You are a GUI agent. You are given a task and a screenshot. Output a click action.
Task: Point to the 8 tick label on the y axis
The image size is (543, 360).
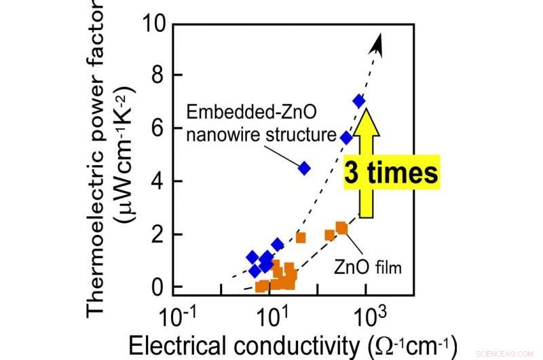(x=157, y=76)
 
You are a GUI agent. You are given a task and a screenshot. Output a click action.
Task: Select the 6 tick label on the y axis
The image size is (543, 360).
(x=157, y=128)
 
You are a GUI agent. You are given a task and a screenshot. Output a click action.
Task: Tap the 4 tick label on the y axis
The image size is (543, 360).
(x=157, y=181)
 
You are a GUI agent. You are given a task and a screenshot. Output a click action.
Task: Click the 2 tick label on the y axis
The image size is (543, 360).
(x=157, y=234)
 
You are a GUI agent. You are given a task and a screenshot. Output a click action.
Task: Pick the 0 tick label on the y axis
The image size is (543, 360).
(x=157, y=287)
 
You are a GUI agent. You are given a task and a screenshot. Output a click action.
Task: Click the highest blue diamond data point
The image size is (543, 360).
(x=359, y=101)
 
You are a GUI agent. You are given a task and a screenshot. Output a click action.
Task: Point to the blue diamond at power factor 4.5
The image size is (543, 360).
(x=304, y=168)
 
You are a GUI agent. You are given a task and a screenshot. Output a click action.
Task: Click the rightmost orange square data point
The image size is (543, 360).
(x=341, y=228)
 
